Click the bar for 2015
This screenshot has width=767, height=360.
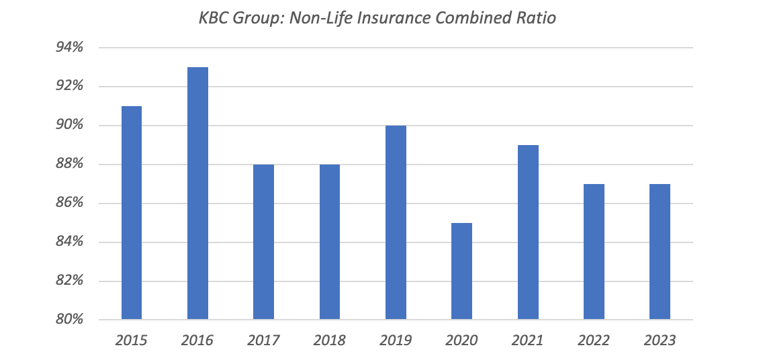pyautogui.click(x=132, y=212)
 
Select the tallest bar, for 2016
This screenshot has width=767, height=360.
pyautogui.click(x=197, y=193)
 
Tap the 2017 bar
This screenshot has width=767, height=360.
pyautogui.click(x=263, y=241)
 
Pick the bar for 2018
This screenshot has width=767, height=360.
pyautogui.click(x=330, y=241)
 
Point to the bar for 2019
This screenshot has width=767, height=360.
pyautogui.click(x=396, y=222)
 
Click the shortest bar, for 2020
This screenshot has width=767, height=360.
pyautogui.click(x=461, y=271)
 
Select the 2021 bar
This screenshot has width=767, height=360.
pyautogui.click(x=528, y=232)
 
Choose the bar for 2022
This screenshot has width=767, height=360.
pyautogui.click(x=594, y=251)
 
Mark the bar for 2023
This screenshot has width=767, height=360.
pyautogui.click(x=660, y=251)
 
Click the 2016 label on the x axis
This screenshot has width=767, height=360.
pyautogui.click(x=197, y=341)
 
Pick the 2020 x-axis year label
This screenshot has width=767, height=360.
pyautogui.click(x=461, y=341)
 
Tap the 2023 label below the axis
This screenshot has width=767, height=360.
pyautogui.click(x=660, y=341)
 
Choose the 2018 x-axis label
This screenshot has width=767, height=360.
pyautogui.click(x=330, y=341)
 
